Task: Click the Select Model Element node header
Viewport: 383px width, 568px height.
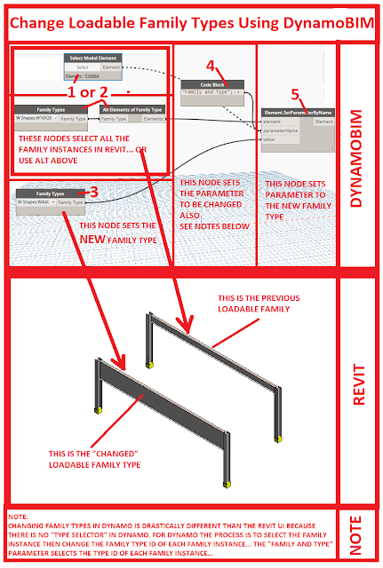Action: (94, 59)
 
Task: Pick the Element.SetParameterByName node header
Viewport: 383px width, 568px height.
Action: (299, 113)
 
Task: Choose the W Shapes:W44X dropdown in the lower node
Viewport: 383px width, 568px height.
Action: (35, 202)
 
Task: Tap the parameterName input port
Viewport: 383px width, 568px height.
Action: (281, 130)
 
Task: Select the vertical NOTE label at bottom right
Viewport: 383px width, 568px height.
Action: (357, 537)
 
